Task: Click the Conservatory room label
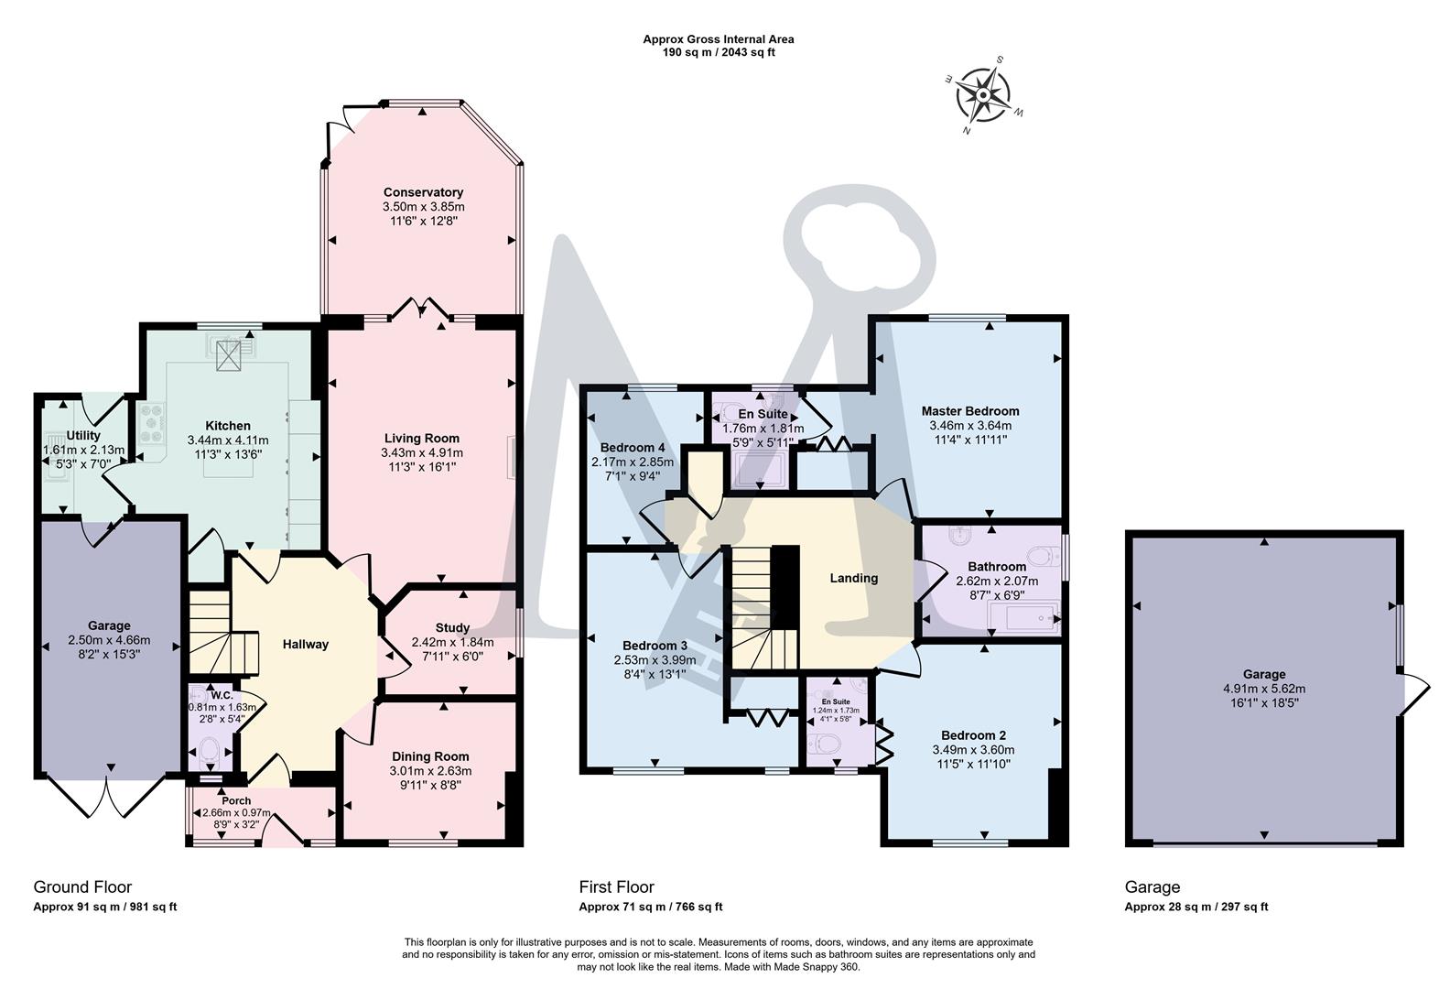[423, 192]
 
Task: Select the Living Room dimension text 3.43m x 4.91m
[422, 452]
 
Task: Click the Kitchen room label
[228, 426]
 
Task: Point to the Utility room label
[83, 435]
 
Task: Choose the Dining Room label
[430, 756]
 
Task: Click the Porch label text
[236, 800]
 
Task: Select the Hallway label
[305, 644]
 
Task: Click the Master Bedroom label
[969, 411]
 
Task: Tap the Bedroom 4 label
[633, 448]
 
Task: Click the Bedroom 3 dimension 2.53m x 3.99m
[655, 659]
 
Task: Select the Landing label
[853, 578]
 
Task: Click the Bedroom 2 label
[973, 734]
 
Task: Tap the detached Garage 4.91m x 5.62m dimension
[1263, 689]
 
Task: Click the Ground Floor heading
[82, 886]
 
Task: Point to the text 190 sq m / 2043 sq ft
[719, 52]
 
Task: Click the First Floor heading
[616, 886]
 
